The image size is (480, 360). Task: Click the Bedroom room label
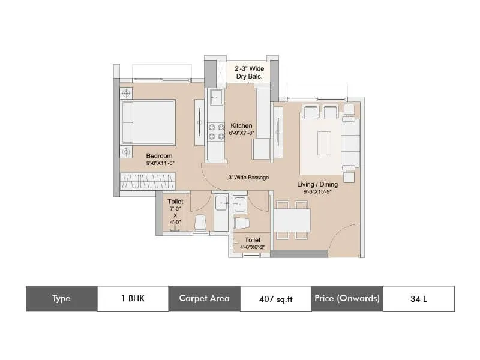tap(159, 156)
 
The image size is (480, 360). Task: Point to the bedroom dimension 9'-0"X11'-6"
tap(159, 163)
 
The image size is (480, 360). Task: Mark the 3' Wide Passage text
tap(248, 178)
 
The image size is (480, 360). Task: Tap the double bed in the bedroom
tap(148, 122)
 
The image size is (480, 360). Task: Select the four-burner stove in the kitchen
tap(215, 132)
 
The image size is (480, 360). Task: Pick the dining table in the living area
tap(292, 219)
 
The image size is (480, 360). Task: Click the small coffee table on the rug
tap(324, 139)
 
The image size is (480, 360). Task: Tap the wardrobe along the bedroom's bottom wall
tap(148, 181)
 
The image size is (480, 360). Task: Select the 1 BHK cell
tap(133, 298)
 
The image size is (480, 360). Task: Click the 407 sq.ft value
tap(275, 298)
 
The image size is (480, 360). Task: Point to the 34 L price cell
tap(418, 298)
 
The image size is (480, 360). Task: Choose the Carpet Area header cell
tap(204, 298)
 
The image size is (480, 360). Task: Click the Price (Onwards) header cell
tap(347, 298)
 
